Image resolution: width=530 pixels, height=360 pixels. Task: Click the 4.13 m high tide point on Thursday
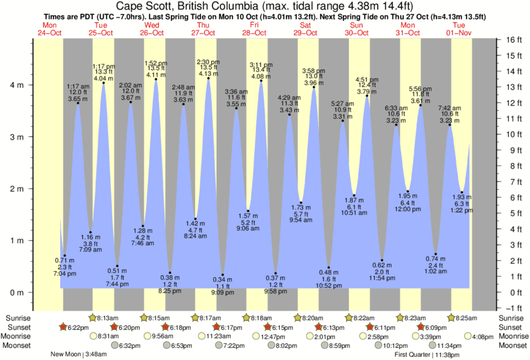pyautogui.click(x=209, y=78)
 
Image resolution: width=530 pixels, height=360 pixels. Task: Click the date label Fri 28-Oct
pyautogui.click(x=255, y=29)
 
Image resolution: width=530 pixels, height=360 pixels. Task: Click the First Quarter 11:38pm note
pyautogui.click(x=426, y=355)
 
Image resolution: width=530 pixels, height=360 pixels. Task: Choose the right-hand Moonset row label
pyautogui.click(x=512, y=346)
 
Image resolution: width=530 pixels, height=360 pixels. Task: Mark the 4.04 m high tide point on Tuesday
pyautogui.click(x=104, y=83)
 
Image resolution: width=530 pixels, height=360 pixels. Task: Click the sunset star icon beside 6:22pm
pyautogui.click(x=63, y=327)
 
